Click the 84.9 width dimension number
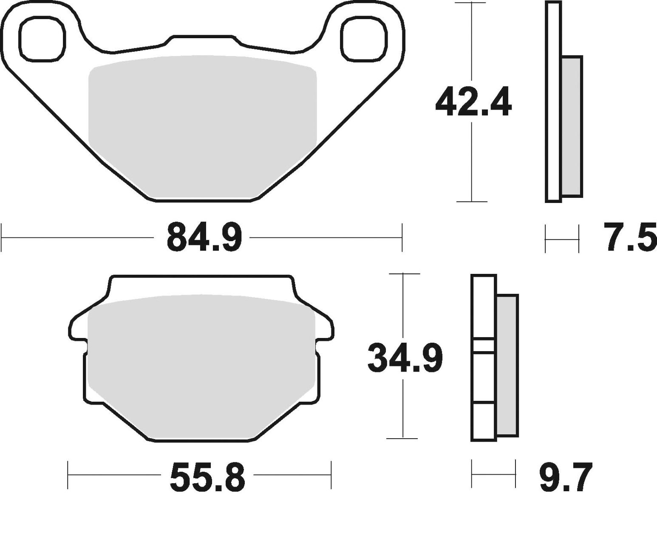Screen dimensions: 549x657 tap(204, 237)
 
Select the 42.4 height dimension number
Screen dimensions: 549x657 tap(473, 102)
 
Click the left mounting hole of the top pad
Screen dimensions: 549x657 tap(42, 39)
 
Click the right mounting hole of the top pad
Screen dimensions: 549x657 tap(364, 39)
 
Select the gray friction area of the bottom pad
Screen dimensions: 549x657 tap(201, 365)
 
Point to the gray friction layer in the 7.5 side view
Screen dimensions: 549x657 tap(572, 126)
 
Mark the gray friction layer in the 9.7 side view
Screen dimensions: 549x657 tap(507, 365)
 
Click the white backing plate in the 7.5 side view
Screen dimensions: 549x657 tap(553, 102)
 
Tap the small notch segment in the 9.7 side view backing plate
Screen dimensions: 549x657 tap(484, 346)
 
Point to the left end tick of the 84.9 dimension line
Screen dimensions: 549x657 tap(2, 237)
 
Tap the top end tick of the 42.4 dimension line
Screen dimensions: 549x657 tap(470, 3)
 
